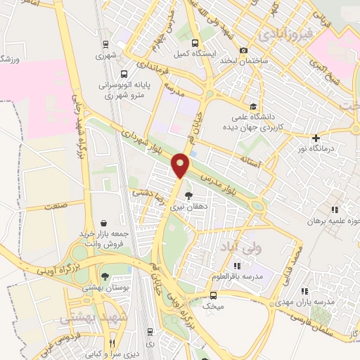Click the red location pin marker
pos(181,165)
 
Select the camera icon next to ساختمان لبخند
pos(243,51)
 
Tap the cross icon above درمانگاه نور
pos(316,138)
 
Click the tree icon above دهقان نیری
pos(188,195)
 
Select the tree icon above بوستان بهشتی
pos(104,276)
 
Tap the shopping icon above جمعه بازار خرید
pos(104,223)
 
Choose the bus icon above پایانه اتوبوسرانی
pos(124,73)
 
